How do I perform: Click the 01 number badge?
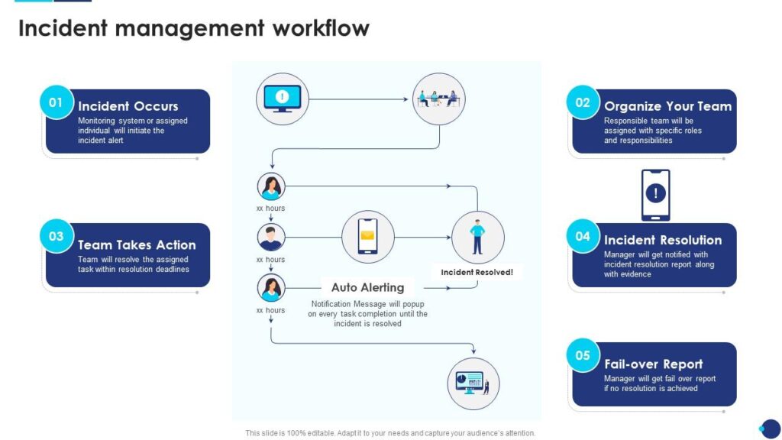[57, 102]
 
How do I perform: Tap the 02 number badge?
[583, 102]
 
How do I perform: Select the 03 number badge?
[57, 236]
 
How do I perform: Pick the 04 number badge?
[583, 236]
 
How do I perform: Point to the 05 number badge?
[583, 355]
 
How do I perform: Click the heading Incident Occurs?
[128, 106]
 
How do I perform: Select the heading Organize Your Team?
[667, 106]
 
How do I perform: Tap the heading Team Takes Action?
[137, 244]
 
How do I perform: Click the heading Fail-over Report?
[653, 364]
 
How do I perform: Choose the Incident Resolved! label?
[477, 272]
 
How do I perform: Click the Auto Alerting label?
[367, 287]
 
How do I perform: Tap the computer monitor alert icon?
[283, 99]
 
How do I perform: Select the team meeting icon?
[438, 99]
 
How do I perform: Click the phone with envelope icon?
[367, 237]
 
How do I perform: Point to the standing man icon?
[477, 237]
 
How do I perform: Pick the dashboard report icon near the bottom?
[473, 383]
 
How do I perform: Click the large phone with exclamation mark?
[655, 195]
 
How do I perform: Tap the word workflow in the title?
[319, 29]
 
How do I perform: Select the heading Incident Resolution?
[663, 240]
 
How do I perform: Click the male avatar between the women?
[271, 237]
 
